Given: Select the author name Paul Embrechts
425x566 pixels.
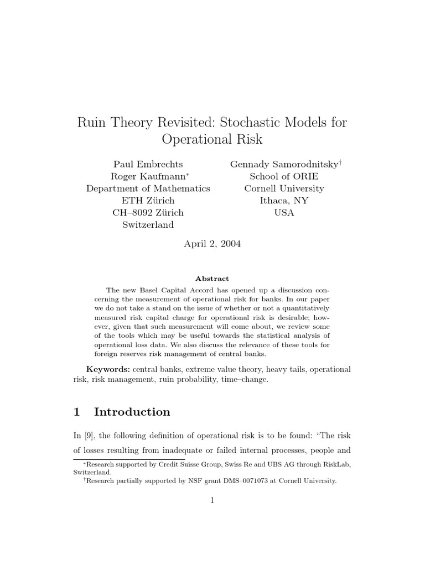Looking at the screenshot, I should click(x=148, y=164).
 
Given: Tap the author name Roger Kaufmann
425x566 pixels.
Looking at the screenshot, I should click(x=146, y=176).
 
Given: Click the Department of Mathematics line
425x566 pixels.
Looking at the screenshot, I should click(x=148, y=188).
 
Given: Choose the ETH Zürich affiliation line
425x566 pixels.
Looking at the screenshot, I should click(x=148, y=201).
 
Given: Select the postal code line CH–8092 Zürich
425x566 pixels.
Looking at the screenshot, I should click(x=148, y=213).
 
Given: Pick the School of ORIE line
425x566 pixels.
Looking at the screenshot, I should click(x=284, y=176).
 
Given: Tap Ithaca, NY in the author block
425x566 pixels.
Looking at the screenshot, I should click(x=284, y=201).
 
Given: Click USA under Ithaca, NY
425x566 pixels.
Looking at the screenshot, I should click(x=284, y=213).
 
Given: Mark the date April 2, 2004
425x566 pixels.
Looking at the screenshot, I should click(x=212, y=244).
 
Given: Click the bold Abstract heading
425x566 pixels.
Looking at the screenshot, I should click(x=212, y=279).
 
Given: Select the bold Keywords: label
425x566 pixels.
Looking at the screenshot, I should click(x=108, y=369).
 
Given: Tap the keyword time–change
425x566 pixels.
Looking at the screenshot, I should click(x=245, y=381).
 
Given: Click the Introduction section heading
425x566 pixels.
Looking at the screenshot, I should click(x=132, y=412).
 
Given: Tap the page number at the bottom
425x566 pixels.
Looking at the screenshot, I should click(x=212, y=501).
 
